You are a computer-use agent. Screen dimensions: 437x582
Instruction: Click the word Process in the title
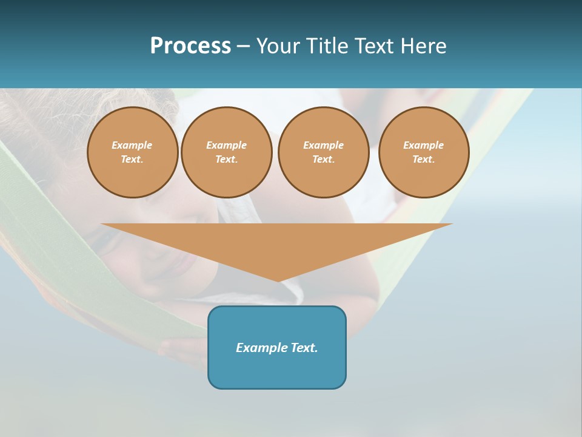point(190,46)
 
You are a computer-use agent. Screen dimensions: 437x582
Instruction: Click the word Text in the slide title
point(372,46)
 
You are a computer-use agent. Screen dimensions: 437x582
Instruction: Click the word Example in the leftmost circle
point(132,145)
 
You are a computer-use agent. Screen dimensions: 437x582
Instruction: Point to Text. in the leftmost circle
point(132,160)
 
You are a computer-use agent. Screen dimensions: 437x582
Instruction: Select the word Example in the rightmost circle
point(424,145)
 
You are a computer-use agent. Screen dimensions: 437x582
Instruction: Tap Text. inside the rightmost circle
point(424,160)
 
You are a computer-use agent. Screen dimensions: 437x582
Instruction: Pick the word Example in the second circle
point(227,145)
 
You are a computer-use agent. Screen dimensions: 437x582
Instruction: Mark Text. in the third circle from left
point(324,160)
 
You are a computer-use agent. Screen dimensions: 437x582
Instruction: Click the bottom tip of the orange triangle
point(278,280)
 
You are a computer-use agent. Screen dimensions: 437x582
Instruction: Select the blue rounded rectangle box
point(277,370)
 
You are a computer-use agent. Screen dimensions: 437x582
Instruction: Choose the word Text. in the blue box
point(304,348)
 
